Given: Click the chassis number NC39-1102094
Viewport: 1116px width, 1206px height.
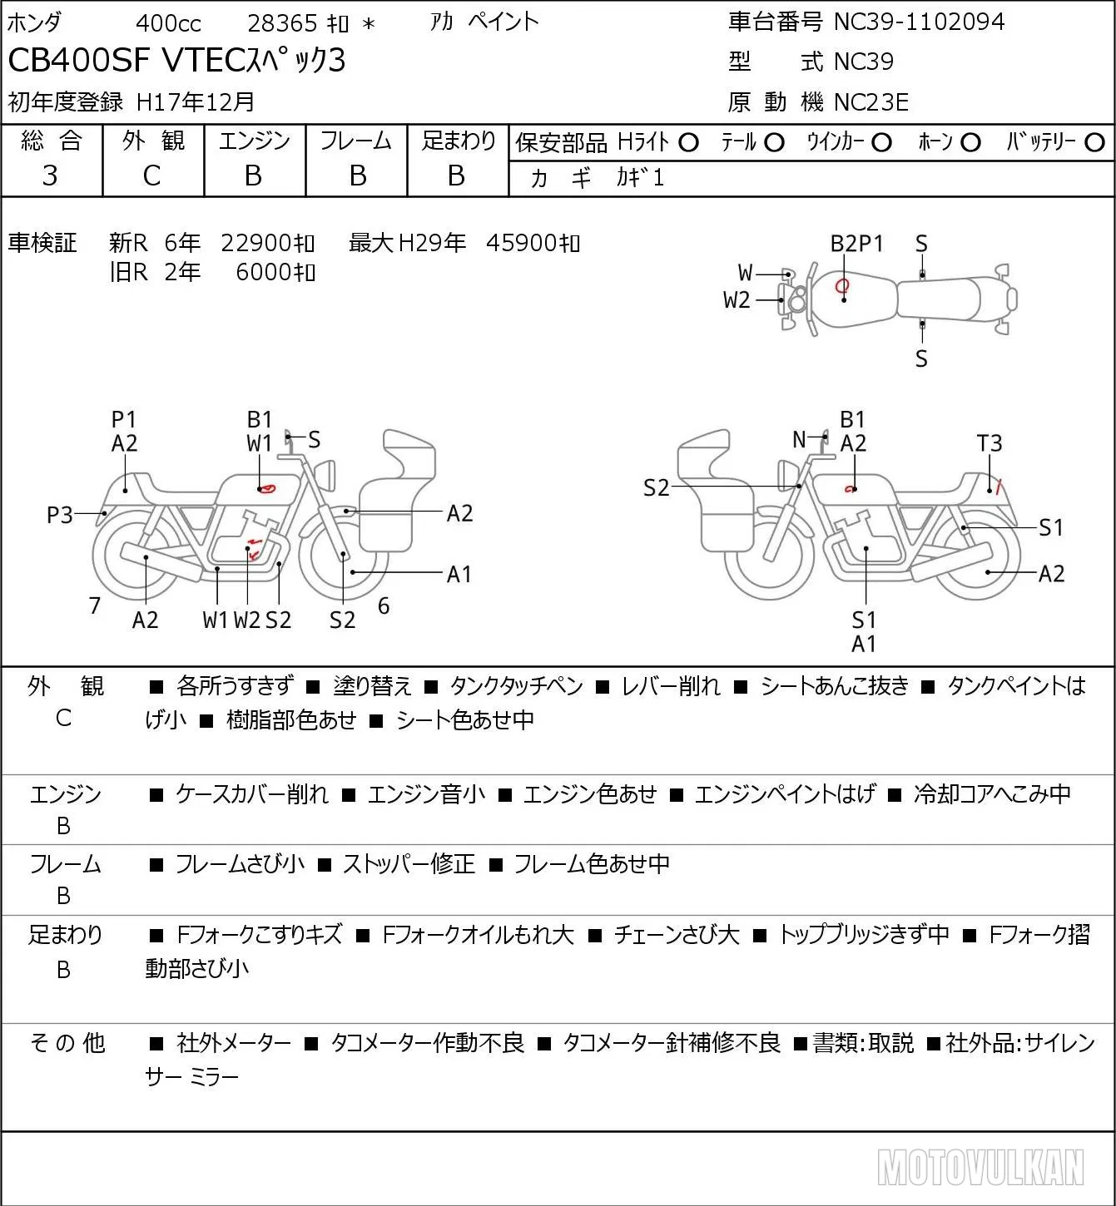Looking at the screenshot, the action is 919,22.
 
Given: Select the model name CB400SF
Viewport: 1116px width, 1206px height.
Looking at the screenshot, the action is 78,60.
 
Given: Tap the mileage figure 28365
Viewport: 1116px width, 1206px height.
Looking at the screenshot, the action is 282,23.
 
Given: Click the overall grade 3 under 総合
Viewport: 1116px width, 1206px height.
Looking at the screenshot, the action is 50,176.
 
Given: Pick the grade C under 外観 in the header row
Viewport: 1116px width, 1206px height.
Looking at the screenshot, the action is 151,176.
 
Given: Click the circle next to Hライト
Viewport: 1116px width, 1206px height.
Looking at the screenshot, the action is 688,143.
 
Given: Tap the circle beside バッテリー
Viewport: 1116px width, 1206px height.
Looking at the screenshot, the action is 1094,143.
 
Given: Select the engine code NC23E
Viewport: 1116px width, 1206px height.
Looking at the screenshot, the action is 871,102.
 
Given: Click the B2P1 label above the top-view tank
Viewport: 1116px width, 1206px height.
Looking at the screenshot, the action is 856,244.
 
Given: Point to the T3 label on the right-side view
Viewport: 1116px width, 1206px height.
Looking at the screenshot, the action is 989,443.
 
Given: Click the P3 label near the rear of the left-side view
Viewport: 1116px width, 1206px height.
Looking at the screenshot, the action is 60,515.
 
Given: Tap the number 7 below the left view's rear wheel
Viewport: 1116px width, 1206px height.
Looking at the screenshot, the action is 94,605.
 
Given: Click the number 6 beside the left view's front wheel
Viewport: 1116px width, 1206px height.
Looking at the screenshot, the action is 383,605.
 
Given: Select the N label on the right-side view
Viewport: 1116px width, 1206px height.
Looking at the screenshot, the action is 799,439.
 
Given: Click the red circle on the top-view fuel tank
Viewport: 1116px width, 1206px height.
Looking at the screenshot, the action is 842,284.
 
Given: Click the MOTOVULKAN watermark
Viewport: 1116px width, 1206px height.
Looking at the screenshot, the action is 980,1167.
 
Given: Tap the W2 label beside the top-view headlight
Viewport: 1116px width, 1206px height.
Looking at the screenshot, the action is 737,300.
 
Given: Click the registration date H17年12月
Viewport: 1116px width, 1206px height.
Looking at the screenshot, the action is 195,102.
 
